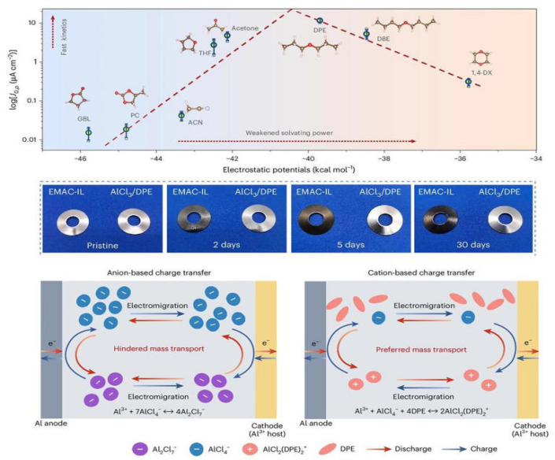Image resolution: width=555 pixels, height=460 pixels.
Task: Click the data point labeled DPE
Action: (320, 21)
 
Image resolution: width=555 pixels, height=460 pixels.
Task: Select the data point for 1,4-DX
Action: (468, 82)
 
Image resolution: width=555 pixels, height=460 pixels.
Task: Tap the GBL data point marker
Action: (88, 133)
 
